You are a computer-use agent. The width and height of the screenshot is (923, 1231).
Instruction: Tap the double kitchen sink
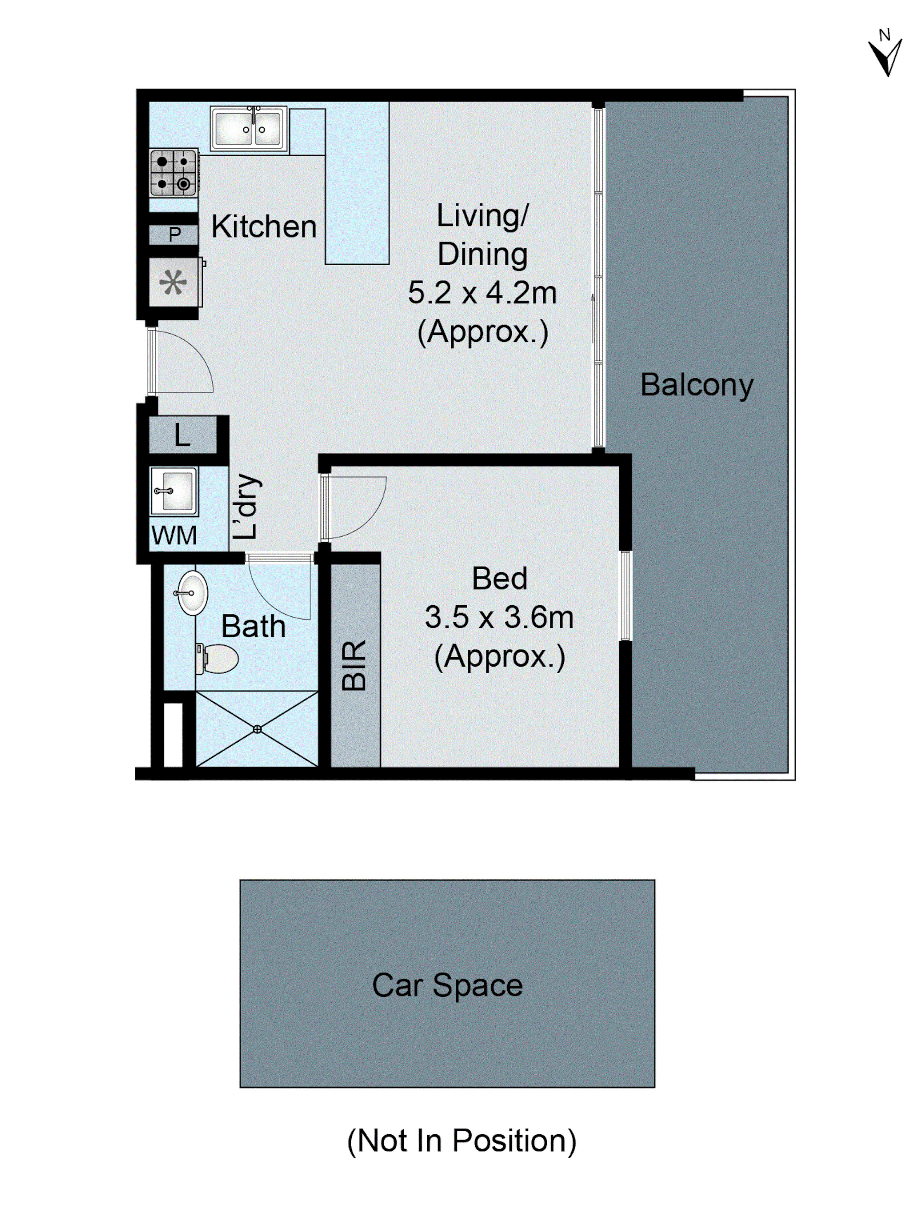[x=248, y=129]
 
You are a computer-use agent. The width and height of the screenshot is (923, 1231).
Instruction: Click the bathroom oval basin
[x=193, y=593]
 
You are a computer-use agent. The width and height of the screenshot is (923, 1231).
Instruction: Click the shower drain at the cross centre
[x=257, y=729]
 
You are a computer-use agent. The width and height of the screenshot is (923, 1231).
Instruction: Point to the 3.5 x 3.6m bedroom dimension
[x=499, y=617]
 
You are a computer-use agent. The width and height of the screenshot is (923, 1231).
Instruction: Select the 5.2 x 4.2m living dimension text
[x=482, y=293]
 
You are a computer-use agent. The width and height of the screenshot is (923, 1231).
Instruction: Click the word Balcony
[x=697, y=385]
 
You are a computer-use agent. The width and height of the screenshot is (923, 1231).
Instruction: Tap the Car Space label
[x=447, y=985]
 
